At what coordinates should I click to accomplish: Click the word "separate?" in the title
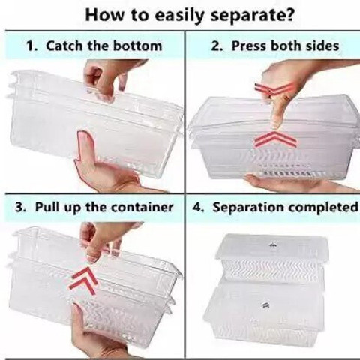tap(252, 16)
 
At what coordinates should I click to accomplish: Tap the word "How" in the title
tap(105, 15)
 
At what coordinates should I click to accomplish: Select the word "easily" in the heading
tap(179, 16)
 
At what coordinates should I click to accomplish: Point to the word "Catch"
tap(64, 46)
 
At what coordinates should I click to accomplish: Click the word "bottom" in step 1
tap(137, 46)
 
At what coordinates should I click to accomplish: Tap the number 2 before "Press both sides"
tap(216, 46)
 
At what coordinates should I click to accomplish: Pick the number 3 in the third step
tap(19, 208)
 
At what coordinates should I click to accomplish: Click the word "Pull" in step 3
tap(45, 207)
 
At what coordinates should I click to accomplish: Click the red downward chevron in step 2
tap(274, 88)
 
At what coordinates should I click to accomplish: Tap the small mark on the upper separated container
tap(273, 245)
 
